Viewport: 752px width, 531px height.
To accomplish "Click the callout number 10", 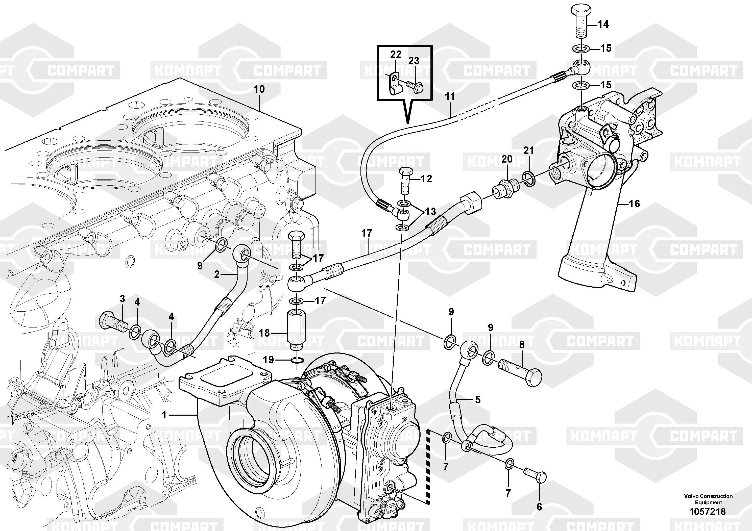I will click(x=259, y=89).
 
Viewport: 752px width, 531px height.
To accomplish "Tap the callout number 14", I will click(x=603, y=24).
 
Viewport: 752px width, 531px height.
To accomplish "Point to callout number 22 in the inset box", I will click(x=396, y=54).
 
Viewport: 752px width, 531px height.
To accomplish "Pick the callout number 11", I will click(x=450, y=96).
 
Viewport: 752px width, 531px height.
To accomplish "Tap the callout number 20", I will click(x=507, y=159).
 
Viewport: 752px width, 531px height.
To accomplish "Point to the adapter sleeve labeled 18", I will click(x=296, y=331).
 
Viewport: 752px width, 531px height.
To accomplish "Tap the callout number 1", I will click(x=164, y=415).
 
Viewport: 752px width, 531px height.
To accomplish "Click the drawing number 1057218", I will click(x=708, y=511).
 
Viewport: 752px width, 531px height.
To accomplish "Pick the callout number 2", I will click(x=217, y=274).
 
